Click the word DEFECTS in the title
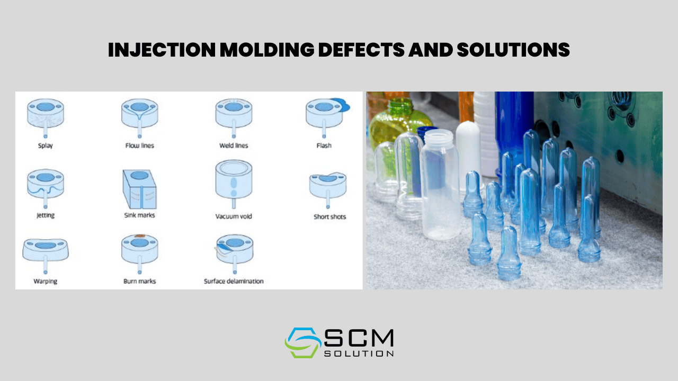click(x=361, y=50)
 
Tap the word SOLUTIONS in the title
click(x=513, y=50)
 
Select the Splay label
click(x=46, y=146)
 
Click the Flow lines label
click(x=139, y=146)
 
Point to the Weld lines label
click(x=234, y=146)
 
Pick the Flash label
click(x=324, y=146)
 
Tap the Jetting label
click(x=46, y=215)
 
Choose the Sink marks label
click(x=139, y=215)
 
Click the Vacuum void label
click(x=234, y=216)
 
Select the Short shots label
click(x=329, y=216)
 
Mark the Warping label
click(x=46, y=281)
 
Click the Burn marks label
click(x=139, y=281)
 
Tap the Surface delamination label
click(x=234, y=281)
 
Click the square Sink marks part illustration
click(x=139, y=189)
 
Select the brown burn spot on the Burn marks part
click(x=140, y=235)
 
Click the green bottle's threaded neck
click(x=400, y=105)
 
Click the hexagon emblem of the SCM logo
click(x=303, y=342)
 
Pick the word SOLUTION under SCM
click(x=359, y=353)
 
